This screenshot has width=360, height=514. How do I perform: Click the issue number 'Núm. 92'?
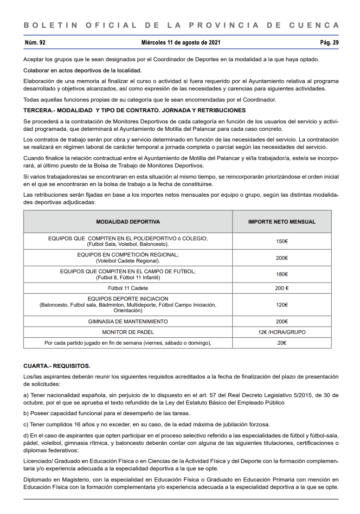pyautogui.click(x=35, y=43)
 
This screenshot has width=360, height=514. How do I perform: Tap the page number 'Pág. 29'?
pyautogui.click(x=329, y=43)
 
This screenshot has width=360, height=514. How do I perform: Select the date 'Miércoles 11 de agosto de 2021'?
pyautogui.click(x=181, y=43)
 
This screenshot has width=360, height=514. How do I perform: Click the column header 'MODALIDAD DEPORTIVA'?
pyautogui.click(x=128, y=222)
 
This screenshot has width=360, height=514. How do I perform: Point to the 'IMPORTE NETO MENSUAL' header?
pyautogui.click(x=282, y=222)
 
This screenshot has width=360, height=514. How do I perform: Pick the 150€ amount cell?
pyautogui.click(x=282, y=241)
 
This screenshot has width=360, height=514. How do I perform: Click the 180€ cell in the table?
pyautogui.click(x=282, y=274)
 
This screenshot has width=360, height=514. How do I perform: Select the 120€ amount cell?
pyautogui.click(x=282, y=305)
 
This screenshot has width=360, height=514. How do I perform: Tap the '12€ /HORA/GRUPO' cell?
pyautogui.click(x=282, y=332)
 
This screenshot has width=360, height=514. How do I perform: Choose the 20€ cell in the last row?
pyautogui.click(x=282, y=343)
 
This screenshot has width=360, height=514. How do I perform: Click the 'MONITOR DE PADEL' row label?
pyautogui.click(x=128, y=332)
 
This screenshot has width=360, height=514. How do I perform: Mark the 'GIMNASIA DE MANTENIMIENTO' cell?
pyautogui.click(x=128, y=321)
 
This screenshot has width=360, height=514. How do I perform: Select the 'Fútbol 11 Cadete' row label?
pyautogui.click(x=128, y=288)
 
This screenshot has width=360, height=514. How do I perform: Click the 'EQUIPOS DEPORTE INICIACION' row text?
pyautogui.click(x=128, y=299)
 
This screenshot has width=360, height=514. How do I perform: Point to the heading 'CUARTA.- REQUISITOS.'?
pyautogui.click(x=57, y=366)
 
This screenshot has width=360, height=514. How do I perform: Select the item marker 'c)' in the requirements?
pyautogui.click(x=26, y=424)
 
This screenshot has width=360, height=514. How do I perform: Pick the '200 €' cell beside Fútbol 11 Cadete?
pyautogui.click(x=282, y=288)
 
